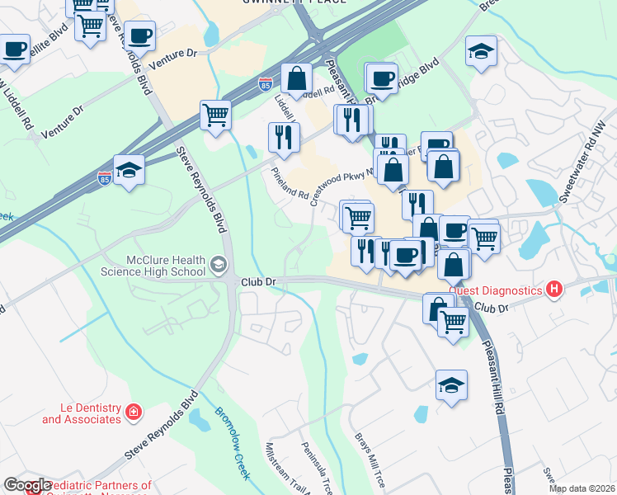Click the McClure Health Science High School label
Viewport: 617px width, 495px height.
153,265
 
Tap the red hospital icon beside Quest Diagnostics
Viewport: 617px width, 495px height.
554,290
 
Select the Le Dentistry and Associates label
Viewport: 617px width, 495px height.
82,413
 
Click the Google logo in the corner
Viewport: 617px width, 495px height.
26,486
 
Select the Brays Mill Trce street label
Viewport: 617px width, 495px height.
369,459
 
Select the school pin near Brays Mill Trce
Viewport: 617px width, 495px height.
451,384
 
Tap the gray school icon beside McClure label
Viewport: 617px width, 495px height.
219,265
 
